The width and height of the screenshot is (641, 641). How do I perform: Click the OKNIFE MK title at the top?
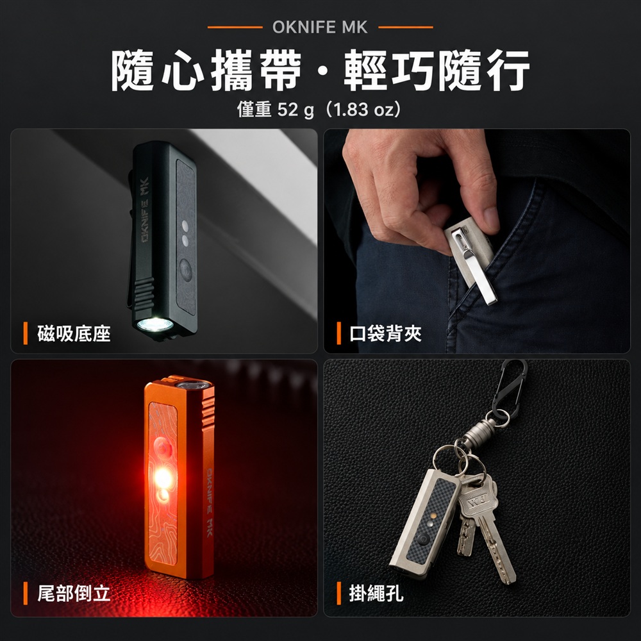(320, 28)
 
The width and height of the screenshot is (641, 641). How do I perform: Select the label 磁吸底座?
(74, 333)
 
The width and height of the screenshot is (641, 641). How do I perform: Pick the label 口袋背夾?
(385, 333)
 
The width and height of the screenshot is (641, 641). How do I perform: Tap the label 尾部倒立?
(74, 593)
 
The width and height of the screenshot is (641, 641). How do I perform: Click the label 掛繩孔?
(376, 593)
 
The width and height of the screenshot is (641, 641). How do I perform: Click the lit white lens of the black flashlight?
(155, 325)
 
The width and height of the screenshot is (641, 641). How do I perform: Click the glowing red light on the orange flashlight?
(162, 477)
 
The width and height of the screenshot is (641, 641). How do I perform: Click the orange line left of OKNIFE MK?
(235, 28)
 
